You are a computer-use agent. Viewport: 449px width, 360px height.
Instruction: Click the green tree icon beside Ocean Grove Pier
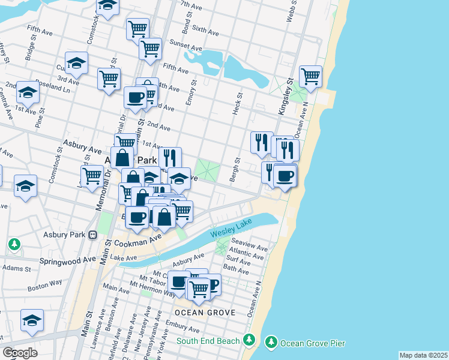(271, 342)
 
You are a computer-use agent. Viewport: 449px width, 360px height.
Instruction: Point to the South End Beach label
(208, 341)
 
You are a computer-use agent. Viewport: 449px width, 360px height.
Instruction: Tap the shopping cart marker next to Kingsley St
(310, 76)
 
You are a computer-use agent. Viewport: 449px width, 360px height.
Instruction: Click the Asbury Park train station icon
(92, 235)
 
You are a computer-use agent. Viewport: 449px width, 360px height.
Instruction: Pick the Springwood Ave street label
(68, 260)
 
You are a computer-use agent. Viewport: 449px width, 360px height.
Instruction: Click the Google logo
(20, 353)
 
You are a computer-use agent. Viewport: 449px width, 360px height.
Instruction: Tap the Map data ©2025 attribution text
(423, 355)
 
